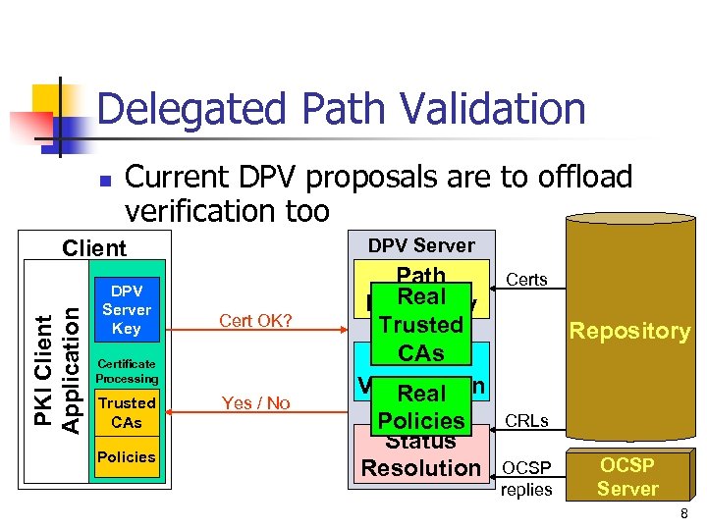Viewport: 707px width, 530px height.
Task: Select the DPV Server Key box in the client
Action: (x=127, y=310)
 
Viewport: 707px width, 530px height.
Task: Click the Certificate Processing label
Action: (x=127, y=370)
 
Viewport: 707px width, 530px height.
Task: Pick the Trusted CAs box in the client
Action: (x=127, y=412)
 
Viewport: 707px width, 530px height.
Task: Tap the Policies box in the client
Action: (x=127, y=456)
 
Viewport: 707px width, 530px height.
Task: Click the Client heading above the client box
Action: (x=94, y=248)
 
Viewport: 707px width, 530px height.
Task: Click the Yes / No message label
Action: (x=256, y=402)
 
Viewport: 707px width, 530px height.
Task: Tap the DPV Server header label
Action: (x=421, y=245)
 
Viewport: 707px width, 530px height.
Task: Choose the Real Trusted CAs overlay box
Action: (x=421, y=325)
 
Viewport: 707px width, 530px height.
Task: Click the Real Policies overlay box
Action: (x=421, y=406)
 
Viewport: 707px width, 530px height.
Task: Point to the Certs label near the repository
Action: (x=526, y=280)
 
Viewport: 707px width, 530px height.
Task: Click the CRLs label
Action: (x=526, y=422)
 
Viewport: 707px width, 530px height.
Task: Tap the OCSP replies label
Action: (x=526, y=478)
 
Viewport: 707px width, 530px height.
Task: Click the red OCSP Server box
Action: (x=627, y=476)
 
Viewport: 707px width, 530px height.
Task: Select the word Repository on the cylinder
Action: (x=629, y=331)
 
